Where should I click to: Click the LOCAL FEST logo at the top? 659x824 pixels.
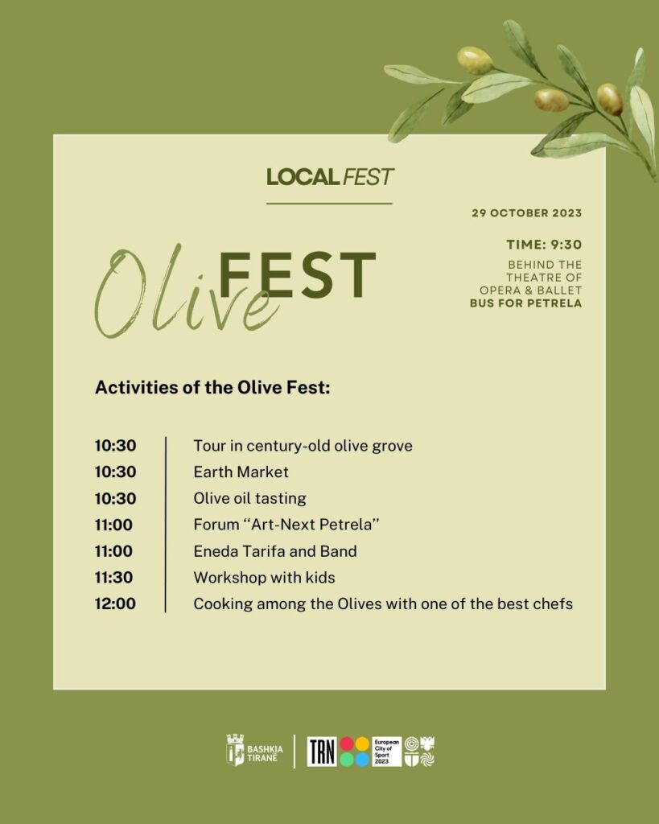tap(330, 176)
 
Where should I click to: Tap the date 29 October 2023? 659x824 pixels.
tap(526, 213)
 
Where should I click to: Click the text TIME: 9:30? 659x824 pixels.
tap(543, 245)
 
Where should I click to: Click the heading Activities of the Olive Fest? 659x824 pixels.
tap(212, 387)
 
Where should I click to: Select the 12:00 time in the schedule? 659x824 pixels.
tap(115, 604)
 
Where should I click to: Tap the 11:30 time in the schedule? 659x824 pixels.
tap(114, 578)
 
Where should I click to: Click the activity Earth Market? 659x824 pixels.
tap(241, 472)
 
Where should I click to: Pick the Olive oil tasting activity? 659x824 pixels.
tap(249, 498)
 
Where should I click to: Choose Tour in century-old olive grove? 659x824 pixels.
tap(303, 445)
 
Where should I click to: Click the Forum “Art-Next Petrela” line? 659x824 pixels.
tap(286, 525)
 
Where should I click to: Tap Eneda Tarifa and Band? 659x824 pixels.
tap(274, 551)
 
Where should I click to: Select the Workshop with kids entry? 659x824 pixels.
tap(264, 578)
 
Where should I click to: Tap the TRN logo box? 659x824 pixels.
tap(322, 751)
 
